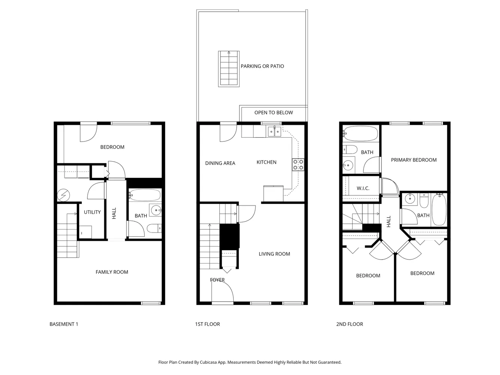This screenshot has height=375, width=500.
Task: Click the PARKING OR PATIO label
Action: pos(262,66)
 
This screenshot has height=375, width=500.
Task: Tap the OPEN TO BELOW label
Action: pos(273,112)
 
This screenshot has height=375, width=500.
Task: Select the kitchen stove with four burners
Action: pos(298,165)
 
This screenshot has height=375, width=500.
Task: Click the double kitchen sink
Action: pos(274,132)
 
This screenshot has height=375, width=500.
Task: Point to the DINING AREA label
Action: pos(220,163)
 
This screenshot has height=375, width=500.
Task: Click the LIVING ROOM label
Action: pos(274,254)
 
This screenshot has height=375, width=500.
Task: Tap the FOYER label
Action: pos(217,280)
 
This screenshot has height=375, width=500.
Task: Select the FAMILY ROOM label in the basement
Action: pos(112,272)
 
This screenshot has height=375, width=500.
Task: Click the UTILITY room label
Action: pos(92,212)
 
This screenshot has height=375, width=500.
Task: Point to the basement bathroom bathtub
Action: pos(145,195)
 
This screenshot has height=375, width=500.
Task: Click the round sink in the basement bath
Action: pos(155,210)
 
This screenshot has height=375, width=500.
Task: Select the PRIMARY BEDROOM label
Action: pos(414,160)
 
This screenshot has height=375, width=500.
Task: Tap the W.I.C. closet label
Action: pos(363,188)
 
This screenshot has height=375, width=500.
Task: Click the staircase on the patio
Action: pos(229,69)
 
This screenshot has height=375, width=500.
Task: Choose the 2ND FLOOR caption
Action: pos(350,324)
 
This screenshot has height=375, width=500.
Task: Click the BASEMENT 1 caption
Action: pos(64,324)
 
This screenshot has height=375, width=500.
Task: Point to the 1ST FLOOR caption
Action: pos(207,324)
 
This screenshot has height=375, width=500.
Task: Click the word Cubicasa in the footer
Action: pos(207,362)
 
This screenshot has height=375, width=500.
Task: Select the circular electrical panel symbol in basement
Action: pos(63,195)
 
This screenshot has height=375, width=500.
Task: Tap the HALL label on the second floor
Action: pos(389,221)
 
